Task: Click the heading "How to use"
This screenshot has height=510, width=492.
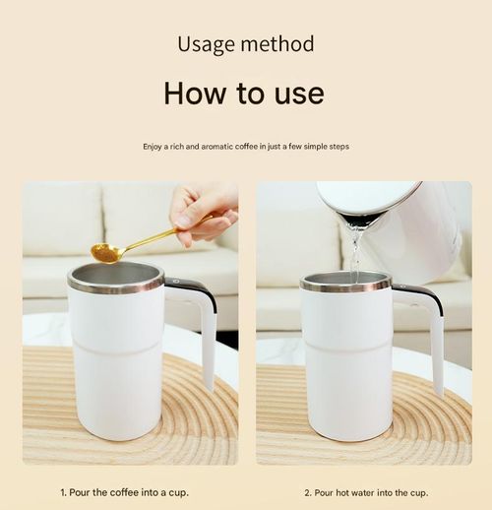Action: click(244, 93)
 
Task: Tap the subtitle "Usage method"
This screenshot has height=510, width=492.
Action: click(245, 44)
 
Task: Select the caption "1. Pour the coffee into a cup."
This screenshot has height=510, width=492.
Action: click(125, 491)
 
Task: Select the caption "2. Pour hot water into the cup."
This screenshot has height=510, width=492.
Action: click(364, 491)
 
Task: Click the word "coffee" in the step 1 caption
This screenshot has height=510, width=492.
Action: click(124, 491)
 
